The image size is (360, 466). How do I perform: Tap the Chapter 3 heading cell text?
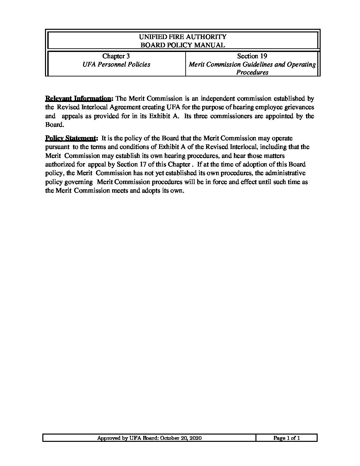point(116,56)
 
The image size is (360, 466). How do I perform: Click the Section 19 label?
point(252,56)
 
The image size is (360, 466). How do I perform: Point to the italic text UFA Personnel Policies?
point(116,64)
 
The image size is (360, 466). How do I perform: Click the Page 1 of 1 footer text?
point(287,438)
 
